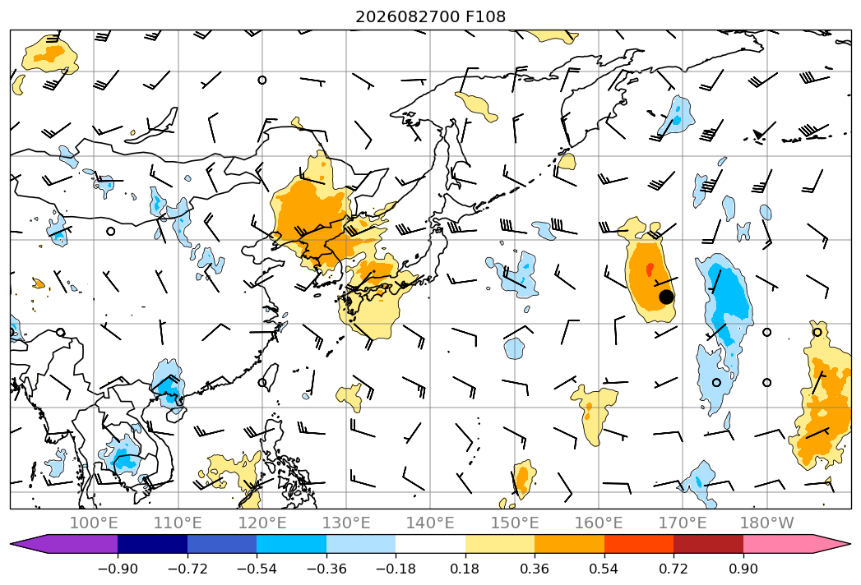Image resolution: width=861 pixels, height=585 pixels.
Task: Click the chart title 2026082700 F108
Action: pos(431,16)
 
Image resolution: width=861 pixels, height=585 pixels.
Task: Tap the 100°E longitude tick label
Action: pos(94,523)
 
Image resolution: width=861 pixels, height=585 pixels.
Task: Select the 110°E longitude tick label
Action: pos(178,523)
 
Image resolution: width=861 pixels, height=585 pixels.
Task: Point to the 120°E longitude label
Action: pos(262,523)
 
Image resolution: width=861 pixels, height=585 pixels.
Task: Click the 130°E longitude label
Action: pos(346,523)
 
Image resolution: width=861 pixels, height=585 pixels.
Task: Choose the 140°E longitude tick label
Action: pos(430,523)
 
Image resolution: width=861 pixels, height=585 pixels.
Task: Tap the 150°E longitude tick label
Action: pos(515,523)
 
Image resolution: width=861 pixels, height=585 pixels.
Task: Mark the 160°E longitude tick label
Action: pos(599,523)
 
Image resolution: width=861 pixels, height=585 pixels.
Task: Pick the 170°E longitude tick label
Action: pos(683,523)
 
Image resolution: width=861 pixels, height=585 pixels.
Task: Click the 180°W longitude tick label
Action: pos(766,523)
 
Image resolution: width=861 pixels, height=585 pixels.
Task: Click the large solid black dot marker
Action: pos(666,297)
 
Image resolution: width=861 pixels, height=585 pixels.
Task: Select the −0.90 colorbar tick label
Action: pos(118,569)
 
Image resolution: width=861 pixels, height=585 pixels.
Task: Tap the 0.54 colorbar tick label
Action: pos(604,569)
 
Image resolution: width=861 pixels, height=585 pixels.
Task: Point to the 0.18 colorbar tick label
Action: pos(465,569)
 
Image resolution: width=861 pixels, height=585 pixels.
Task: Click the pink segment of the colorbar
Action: pos(778,544)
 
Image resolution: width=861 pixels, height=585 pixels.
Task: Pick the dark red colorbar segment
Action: pos(708,544)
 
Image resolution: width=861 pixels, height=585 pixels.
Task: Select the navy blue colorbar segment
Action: pos(153,544)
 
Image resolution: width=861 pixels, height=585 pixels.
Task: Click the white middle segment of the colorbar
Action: pos(431,544)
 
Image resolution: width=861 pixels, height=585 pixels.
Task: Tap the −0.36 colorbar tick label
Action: pos(326,569)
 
